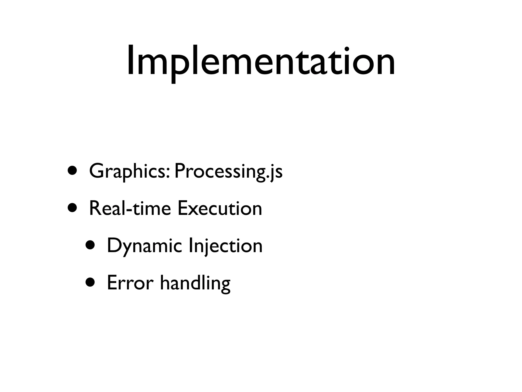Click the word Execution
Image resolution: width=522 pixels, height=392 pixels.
pyautogui.click(x=220, y=209)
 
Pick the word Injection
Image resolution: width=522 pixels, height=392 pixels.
pyautogui.click(x=226, y=246)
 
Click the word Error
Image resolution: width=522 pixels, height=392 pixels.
pyautogui.click(x=130, y=283)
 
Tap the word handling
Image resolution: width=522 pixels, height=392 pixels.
pyautogui.click(x=195, y=283)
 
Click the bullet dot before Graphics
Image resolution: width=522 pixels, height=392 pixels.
pyautogui.click(x=72, y=170)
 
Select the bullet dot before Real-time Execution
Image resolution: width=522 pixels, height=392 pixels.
pyautogui.click(x=72, y=207)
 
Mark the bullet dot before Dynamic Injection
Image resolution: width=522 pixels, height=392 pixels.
pyautogui.click(x=90, y=245)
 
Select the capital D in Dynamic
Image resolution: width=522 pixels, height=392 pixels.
pyautogui.click(x=114, y=245)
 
